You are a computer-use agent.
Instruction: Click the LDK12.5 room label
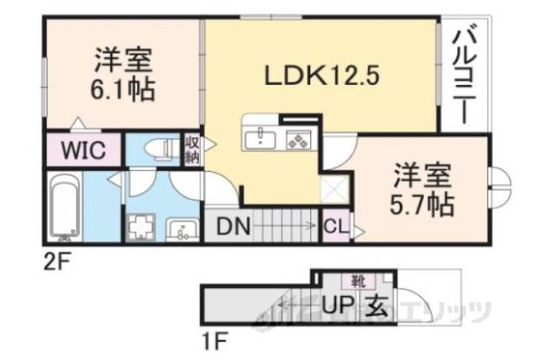pyautogui.click(x=321, y=76)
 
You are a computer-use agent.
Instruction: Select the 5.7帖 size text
pyautogui.click(x=423, y=206)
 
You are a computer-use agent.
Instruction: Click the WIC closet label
pyautogui.click(x=83, y=149)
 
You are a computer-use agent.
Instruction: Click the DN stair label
pyautogui.click(x=234, y=228)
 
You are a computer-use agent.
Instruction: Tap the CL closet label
pyautogui.click(x=335, y=228)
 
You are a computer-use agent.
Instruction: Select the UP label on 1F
pyautogui.click(x=336, y=305)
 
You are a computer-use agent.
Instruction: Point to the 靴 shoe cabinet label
pyautogui.click(x=357, y=280)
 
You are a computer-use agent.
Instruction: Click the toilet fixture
pyautogui.click(x=157, y=148)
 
